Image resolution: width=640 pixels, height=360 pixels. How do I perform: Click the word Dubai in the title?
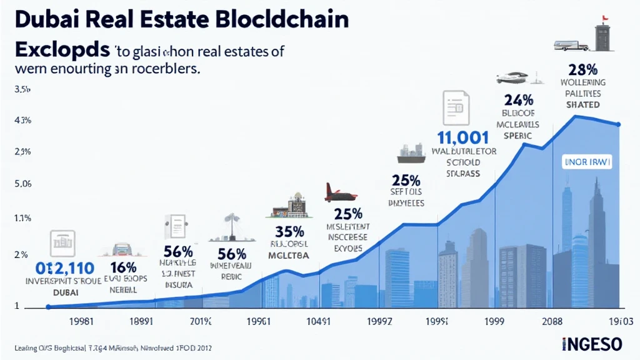39,19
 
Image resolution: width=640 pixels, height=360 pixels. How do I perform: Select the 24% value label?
518,99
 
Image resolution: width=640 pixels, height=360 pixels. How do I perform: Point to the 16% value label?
124,268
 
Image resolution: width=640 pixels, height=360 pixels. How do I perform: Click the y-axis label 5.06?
22,184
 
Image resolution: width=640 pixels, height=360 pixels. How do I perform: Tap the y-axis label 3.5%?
22,90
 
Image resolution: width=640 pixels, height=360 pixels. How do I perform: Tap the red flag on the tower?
605,18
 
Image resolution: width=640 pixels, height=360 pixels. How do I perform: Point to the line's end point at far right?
619,124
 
